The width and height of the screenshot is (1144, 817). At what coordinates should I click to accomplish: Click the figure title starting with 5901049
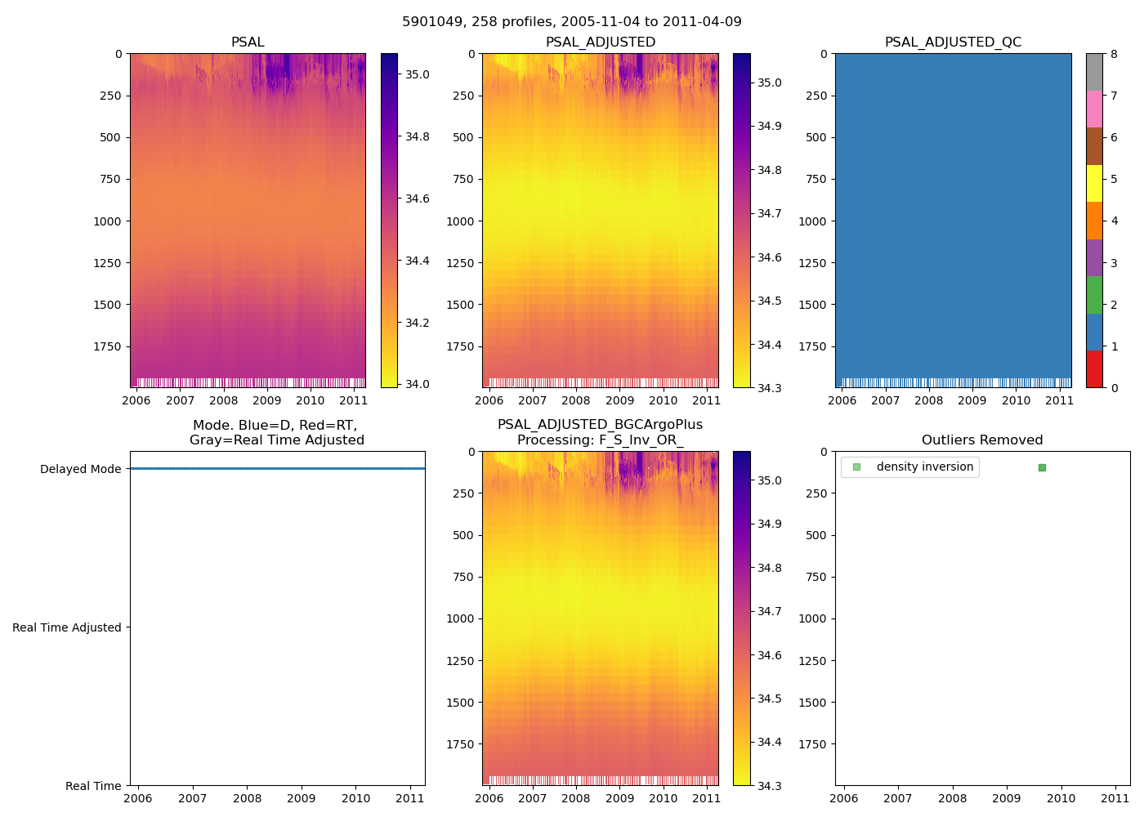(x=571, y=22)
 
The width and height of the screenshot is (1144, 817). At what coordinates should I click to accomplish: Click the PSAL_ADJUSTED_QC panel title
(x=953, y=42)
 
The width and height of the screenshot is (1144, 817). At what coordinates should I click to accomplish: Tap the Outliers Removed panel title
(x=982, y=440)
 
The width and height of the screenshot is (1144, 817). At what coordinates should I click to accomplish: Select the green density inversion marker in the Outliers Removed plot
(x=1042, y=467)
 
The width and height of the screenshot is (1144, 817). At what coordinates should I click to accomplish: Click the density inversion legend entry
(x=924, y=467)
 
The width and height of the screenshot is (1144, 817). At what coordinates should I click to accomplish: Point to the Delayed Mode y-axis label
(x=80, y=469)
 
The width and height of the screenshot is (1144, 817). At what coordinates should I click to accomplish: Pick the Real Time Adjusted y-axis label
(x=67, y=627)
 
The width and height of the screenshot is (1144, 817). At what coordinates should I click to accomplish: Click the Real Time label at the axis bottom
(x=93, y=786)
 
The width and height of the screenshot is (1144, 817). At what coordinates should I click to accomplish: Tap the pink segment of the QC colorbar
(x=1094, y=109)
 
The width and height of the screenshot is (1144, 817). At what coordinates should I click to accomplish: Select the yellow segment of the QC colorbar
(x=1094, y=184)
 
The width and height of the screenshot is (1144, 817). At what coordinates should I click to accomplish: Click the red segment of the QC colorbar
(x=1094, y=369)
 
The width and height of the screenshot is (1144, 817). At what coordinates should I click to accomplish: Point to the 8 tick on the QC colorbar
(x=1115, y=54)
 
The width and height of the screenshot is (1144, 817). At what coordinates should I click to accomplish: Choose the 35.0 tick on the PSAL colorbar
(x=418, y=74)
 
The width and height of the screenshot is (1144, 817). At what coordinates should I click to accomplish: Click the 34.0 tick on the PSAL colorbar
(x=418, y=384)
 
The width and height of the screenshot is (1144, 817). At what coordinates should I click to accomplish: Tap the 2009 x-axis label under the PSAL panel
(x=266, y=400)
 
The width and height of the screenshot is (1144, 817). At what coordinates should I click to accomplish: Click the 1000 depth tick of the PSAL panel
(x=108, y=221)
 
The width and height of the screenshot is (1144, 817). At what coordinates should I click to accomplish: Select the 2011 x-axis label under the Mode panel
(x=410, y=798)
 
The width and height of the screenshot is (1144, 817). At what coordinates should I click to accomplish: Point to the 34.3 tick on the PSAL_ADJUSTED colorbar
(x=769, y=388)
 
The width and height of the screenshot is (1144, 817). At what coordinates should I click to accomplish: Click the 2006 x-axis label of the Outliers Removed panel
(x=843, y=798)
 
